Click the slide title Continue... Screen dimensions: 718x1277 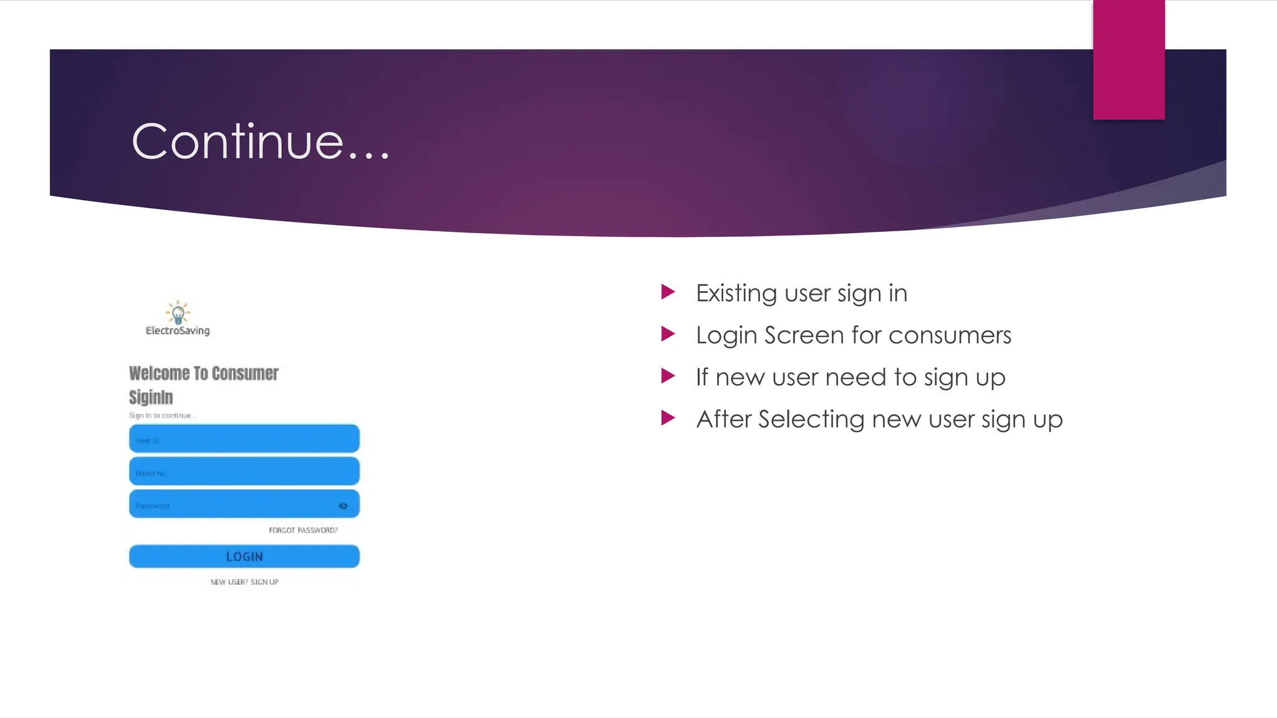[261, 142]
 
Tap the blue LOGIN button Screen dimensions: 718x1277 [244, 557]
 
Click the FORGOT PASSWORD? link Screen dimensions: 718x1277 [303, 530]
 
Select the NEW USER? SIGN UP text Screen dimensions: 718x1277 [244, 582]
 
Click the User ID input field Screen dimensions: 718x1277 [244, 439]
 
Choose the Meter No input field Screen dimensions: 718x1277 [244, 472]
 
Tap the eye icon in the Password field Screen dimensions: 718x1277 [343, 506]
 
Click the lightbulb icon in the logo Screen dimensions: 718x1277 [178, 312]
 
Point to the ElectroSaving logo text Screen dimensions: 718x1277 [178, 331]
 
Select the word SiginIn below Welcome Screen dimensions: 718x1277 [151, 397]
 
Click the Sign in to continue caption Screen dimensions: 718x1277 [162, 416]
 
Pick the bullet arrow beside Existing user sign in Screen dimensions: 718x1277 [668, 292]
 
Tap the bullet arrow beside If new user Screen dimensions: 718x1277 [668, 376]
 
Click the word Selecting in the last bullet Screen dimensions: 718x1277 [811, 419]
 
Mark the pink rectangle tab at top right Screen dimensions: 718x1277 [1129, 59]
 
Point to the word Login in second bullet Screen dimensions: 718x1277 [726, 336]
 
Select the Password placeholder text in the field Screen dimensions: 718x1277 [152, 506]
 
